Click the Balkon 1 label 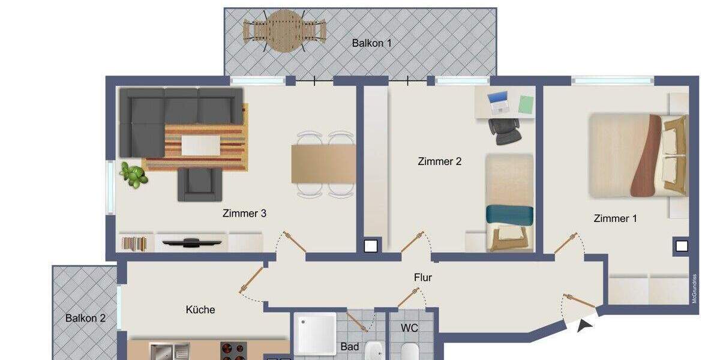pyautogui.click(x=371, y=43)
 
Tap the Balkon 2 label pyautogui.click(x=85, y=318)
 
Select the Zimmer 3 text pyautogui.click(x=244, y=213)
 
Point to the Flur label pyautogui.click(x=422, y=277)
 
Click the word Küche pyautogui.click(x=200, y=310)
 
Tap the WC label pyautogui.click(x=409, y=328)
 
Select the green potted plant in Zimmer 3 pyautogui.click(x=134, y=175)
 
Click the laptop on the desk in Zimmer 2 pyautogui.click(x=499, y=103)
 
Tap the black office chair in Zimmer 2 pyautogui.click(x=505, y=131)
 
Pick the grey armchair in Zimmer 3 pyautogui.click(x=196, y=184)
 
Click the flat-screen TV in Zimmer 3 pyautogui.click(x=193, y=242)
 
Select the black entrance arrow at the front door pyautogui.click(x=584, y=326)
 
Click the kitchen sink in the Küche pyautogui.click(x=162, y=352)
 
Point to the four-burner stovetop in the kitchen pyautogui.click(x=233, y=352)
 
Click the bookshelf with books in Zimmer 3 pyautogui.click(x=134, y=243)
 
